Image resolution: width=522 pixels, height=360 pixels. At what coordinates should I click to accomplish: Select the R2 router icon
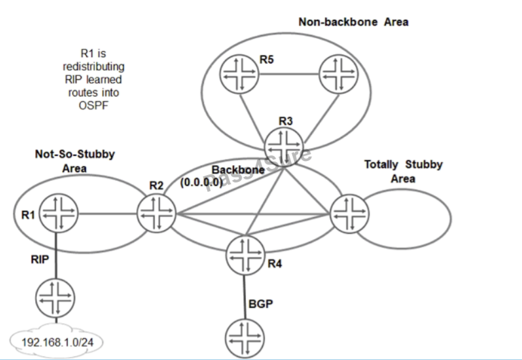tap(155, 215)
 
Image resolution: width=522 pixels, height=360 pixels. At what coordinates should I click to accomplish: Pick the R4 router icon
tap(245, 254)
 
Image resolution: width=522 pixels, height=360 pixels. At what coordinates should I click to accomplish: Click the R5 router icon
tap(239, 76)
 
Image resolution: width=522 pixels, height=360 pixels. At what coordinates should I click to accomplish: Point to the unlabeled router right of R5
tap(336, 76)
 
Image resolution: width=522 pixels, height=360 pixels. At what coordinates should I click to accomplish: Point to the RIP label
tap(39, 260)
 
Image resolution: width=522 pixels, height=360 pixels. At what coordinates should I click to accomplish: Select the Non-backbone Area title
tap(353, 22)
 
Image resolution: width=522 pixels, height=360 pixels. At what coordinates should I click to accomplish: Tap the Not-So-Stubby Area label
tap(75, 160)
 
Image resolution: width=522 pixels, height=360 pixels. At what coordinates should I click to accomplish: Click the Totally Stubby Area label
tap(403, 171)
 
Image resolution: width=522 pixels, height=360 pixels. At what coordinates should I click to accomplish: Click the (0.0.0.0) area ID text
tap(201, 182)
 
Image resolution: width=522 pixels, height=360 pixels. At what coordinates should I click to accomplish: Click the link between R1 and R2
tap(107, 215)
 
